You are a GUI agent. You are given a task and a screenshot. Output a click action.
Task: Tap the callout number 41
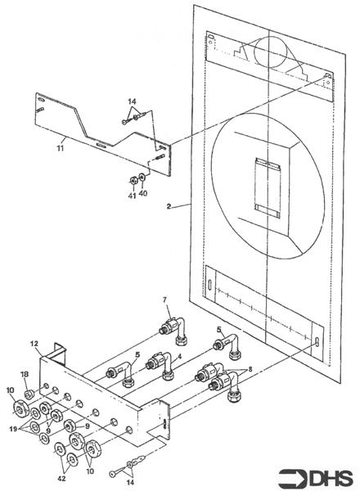pyautogui.click(x=131, y=196)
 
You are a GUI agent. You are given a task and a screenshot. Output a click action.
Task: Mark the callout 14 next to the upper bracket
pyautogui.click(x=131, y=102)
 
